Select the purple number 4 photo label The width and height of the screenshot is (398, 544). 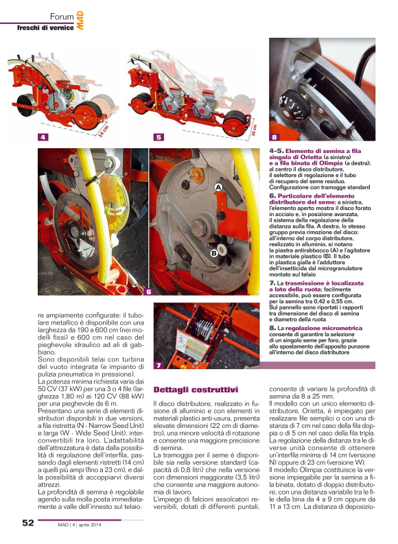click(x=43, y=137)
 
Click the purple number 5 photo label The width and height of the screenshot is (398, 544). click(x=159, y=137)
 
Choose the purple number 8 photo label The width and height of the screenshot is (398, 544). click(x=274, y=137)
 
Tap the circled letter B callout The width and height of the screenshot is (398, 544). click(x=213, y=254)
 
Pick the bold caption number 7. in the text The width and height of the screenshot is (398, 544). click(x=272, y=283)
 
